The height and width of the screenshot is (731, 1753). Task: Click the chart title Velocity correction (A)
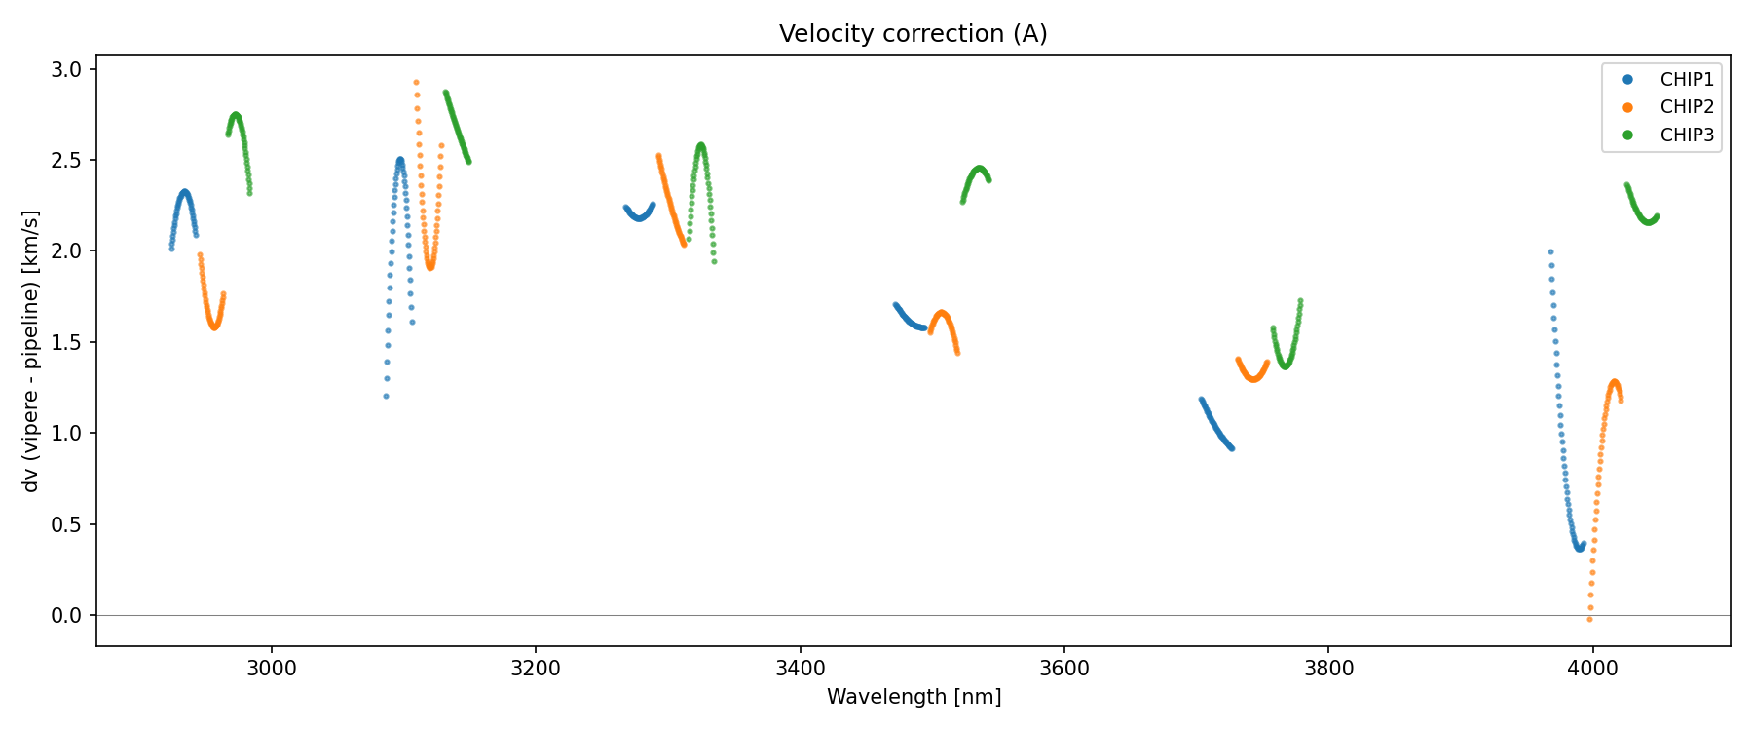913,34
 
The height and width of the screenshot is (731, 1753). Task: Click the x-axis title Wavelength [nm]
914,697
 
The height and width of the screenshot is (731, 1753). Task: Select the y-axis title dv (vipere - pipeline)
31,351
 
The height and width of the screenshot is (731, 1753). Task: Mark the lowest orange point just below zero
1589,619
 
